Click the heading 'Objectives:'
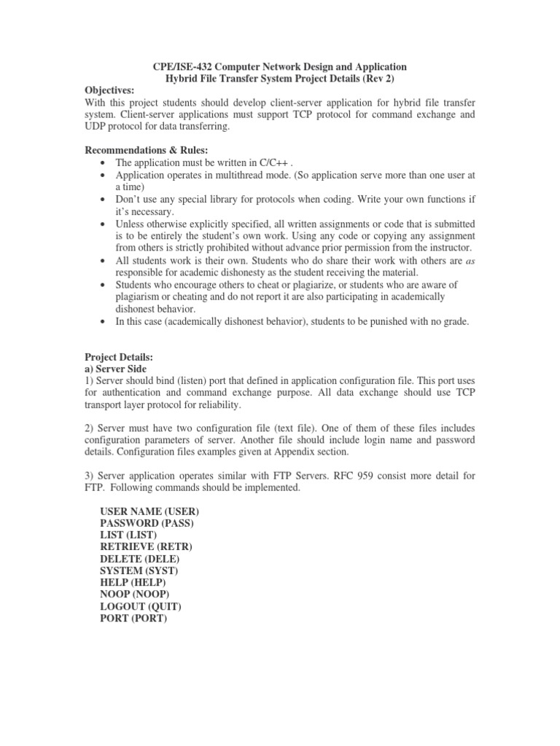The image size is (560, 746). pyautogui.click(x=110, y=90)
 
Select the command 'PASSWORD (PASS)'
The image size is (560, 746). pyautogui.click(x=147, y=523)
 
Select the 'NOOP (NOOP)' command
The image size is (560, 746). pyautogui.click(x=135, y=594)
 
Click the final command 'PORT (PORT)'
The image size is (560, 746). pyautogui.click(x=133, y=619)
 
